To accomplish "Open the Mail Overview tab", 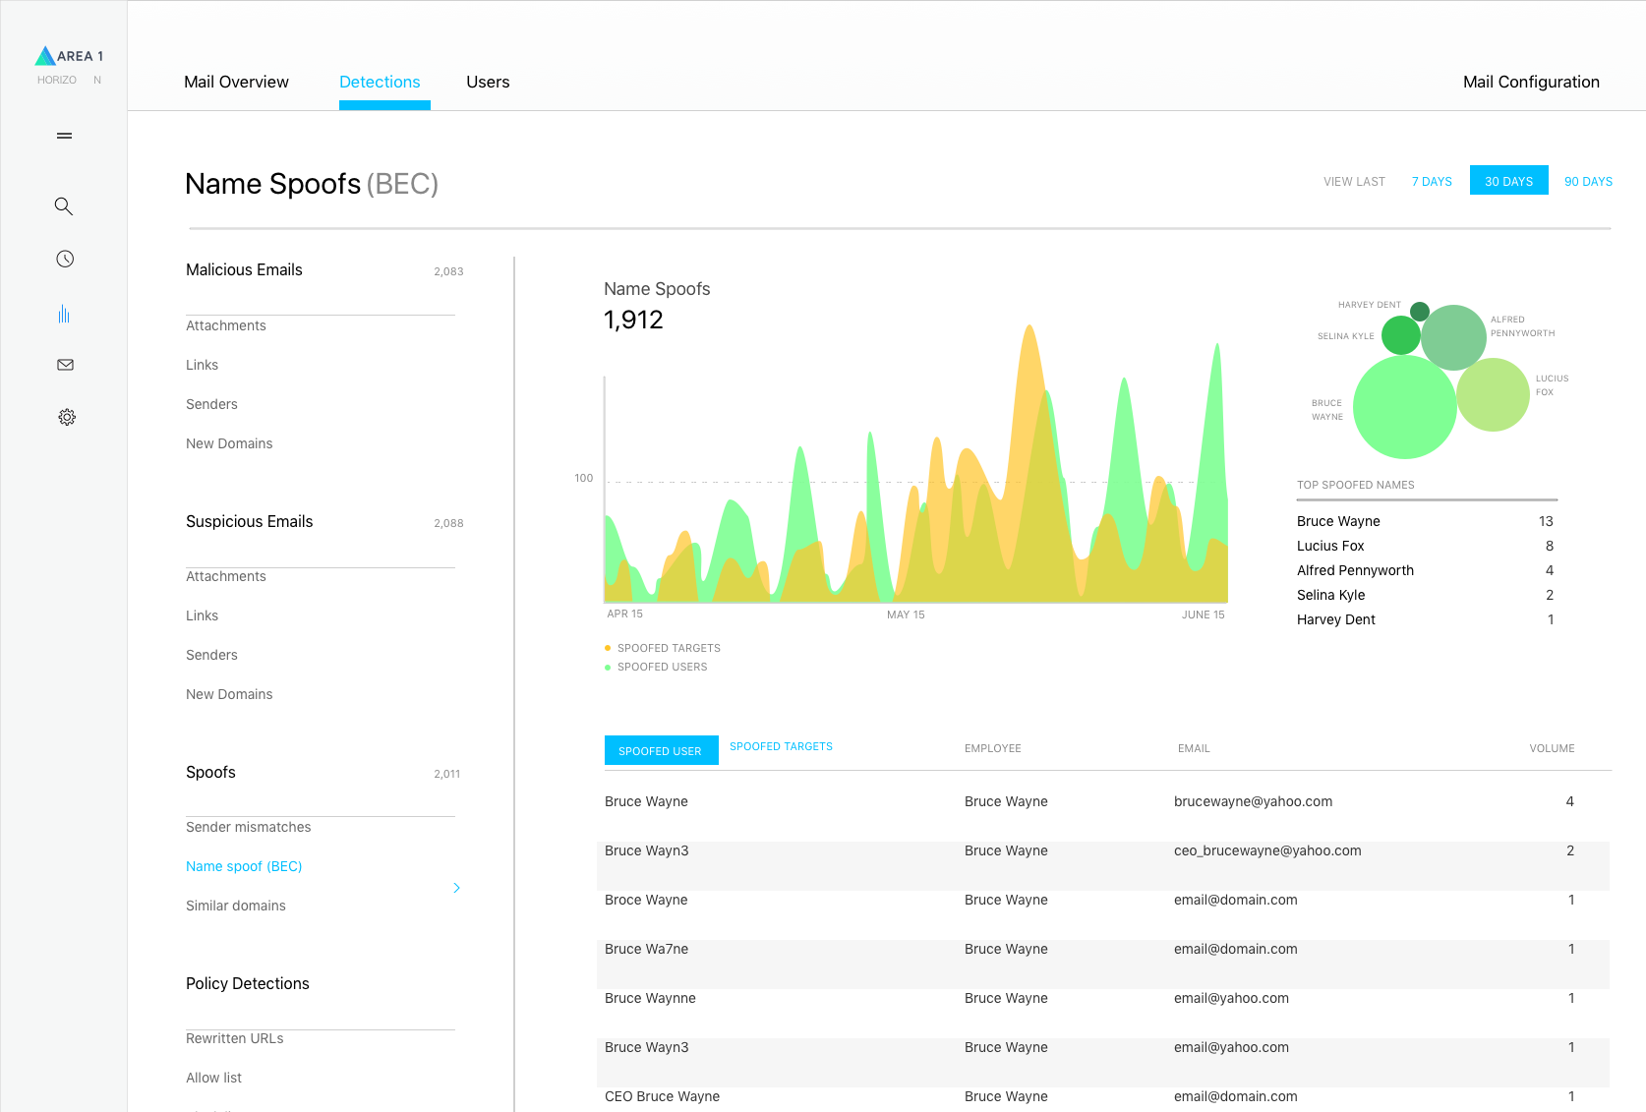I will click(236, 82).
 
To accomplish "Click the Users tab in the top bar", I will click(488, 82).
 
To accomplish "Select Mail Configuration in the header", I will click(1530, 82).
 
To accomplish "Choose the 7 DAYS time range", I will click(1432, 181).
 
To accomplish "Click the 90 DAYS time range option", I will click(1587, 181).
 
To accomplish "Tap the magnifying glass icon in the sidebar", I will click(64, 206).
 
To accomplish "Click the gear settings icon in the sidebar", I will click(66, 417).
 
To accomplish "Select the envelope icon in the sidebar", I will click(65, 365).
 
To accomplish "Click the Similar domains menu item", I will click(236, 906).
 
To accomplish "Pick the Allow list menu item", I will click(213, 1078).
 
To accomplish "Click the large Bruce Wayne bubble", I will click(1403, 407).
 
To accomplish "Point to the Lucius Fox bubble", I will click(1493, 394).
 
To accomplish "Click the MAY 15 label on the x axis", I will click(905, 615).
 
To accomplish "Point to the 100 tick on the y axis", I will click(583, 478).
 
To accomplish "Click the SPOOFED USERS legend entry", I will click(661, 667).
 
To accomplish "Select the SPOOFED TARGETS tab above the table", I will click(781, 746).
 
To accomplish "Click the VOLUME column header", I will click(1551, 748).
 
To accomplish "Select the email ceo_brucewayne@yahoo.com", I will click(1266, 850).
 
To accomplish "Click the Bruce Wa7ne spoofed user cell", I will click(646, 949).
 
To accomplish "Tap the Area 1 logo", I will click(69, 56).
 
